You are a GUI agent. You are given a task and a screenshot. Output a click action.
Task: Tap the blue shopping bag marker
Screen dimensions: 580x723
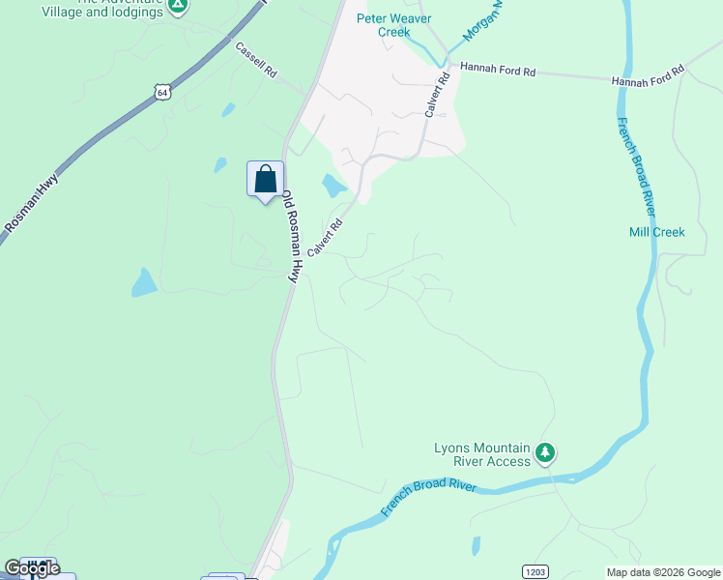pos(265,180)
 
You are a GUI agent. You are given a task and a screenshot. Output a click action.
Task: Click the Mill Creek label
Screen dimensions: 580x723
pos(656,232)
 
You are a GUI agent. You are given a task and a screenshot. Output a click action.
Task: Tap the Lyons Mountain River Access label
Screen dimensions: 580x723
pos(482,454)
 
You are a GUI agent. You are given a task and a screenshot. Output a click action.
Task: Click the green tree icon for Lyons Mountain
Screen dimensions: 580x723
pos(546,451)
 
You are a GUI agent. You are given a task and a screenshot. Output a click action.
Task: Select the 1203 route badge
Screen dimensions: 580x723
pos(535,571)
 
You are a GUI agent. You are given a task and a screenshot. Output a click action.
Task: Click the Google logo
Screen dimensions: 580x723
pos(32,568)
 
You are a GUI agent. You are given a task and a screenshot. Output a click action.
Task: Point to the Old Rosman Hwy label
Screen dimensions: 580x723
pos(289,236)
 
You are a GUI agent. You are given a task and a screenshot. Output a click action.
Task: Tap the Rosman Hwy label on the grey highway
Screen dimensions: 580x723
pos(32,203)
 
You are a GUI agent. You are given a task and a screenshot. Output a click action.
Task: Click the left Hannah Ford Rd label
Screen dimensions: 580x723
pos(497,69)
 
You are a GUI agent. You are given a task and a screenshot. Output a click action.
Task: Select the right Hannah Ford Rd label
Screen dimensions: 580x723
pos(648,76)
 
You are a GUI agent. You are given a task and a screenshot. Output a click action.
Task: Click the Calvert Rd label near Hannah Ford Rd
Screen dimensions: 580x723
pos(437,96)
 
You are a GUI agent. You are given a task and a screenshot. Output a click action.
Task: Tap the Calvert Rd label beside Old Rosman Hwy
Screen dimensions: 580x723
pos(326,238)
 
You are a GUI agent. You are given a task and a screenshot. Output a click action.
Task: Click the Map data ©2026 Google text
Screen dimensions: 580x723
pos(663,572)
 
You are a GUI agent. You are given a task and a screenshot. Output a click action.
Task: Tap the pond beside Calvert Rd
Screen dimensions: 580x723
pos(333,185)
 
